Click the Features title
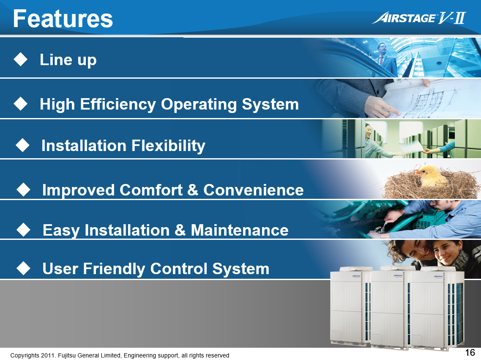(x=63, y=19)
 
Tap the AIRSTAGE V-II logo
(x=419, y=18)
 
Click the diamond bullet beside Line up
(x=21, y=59)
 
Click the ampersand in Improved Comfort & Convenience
(x=193, y=190)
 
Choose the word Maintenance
(x=240, y=230)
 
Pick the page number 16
(x=470, y=352)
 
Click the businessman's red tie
(x=381, y=60)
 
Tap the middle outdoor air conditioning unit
(x=390, y=308)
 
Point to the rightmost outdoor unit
(x=437, y=308)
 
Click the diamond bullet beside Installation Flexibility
(x=22, y=145)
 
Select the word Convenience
(x=253, y=190)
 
